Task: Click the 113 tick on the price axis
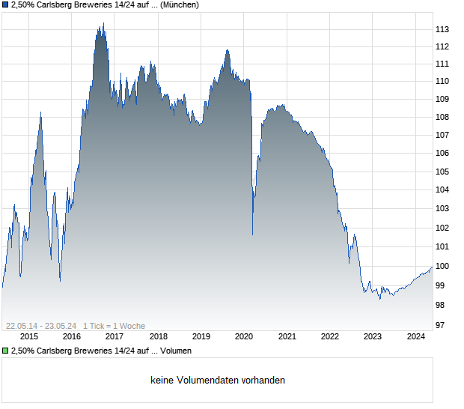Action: (x=442, y=29)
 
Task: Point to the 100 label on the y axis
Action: (x=442, y=266)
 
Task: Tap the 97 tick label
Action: (x=440, y=325)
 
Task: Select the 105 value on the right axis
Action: (x=442, y=172)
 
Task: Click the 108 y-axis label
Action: (x=442, y=117)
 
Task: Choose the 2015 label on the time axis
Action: (x=29, y=336)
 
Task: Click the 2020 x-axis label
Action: (x=244, y=336)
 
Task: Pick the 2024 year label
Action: (x=416, y=336)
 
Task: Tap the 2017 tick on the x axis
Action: (x=115, y=336)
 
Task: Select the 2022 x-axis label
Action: (x=330, y=336)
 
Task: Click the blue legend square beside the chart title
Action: (x=5, y=5)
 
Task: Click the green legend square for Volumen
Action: (x=5, y=351)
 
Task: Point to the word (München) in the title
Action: (x=179, y=5)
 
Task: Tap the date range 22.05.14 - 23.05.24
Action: (x=41, y=326)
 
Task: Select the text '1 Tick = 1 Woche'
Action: (x=114, y=326)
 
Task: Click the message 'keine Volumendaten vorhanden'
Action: (x=217, y=381)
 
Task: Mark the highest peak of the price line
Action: (x=103, y=23)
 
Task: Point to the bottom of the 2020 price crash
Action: (x=252, y=234)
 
